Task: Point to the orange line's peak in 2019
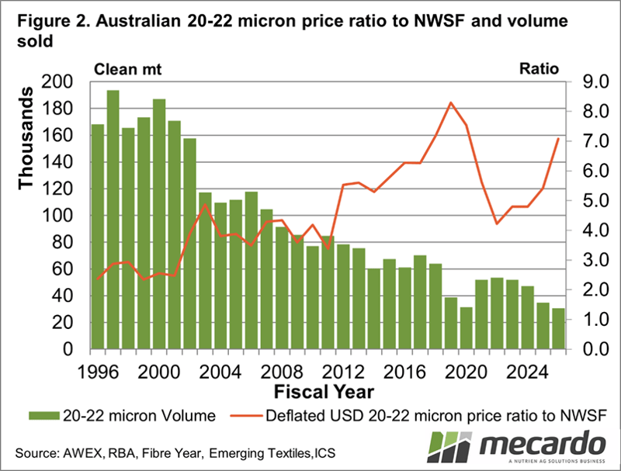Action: (450, 102)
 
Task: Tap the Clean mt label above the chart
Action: (126, 68)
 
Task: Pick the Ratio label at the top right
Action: (539, 68)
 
